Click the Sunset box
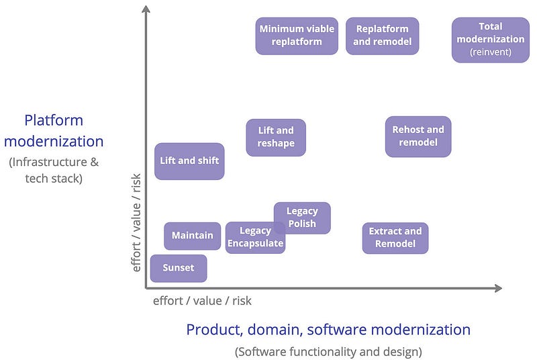(179, 268)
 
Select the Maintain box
(193, 236)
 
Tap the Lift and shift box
(189, 161)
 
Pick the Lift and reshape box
(276, 138)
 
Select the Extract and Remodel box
(395, 238)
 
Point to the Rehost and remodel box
(418, 136)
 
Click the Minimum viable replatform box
(297, 36)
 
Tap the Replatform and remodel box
(382, 36)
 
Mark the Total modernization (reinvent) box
(491, 40)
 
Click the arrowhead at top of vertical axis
(146, 8)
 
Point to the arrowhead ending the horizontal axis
(499, 288)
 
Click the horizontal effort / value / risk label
(202, 301)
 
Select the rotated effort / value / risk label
(136, 222)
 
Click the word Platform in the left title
(54, 121)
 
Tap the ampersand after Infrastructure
(95, 162)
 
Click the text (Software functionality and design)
(328, 352)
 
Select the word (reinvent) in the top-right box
(491, 52)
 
